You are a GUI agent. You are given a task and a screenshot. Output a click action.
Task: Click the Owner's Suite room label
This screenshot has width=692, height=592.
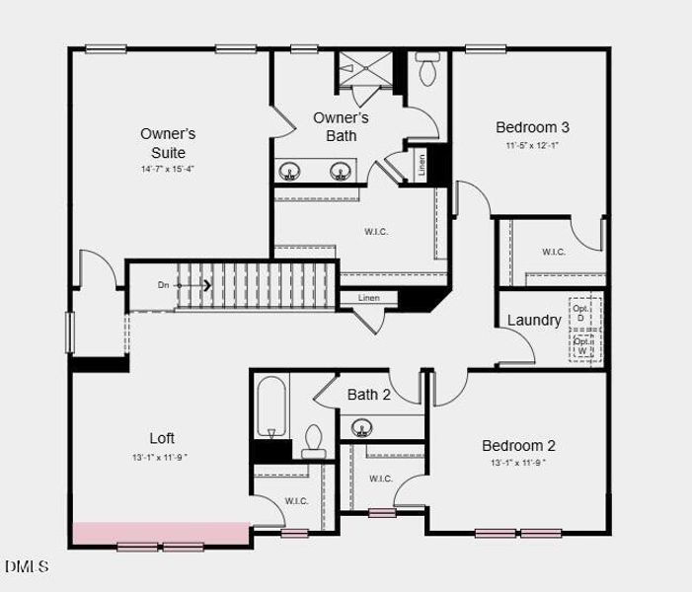(x=168, y=143)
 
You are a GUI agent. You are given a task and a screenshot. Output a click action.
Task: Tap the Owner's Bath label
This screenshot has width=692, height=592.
(x=342, y=126)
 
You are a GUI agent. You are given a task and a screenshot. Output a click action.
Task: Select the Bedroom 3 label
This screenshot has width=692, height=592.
(x=532, y=127)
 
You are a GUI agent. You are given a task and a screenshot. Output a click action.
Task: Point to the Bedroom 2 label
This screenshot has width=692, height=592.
(x=518, y=445)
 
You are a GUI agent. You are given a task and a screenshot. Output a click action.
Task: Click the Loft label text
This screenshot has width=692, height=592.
(x=162, y=438)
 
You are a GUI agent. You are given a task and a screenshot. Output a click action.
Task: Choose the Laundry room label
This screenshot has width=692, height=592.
(x=534, y=320)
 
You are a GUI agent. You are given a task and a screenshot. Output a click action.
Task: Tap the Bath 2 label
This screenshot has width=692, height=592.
(x=369, y=395)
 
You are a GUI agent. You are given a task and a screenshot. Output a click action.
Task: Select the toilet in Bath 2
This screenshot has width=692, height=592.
(x=314, y=440)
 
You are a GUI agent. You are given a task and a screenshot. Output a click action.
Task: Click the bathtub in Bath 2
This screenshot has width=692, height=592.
(x=271, y=409)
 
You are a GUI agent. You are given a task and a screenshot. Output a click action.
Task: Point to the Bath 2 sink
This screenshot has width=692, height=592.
(x=362, y=428)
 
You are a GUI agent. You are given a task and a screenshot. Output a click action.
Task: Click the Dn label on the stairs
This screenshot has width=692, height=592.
(x=164, y=285)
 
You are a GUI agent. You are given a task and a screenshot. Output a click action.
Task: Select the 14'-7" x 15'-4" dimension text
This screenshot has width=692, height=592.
(x=168, y=169)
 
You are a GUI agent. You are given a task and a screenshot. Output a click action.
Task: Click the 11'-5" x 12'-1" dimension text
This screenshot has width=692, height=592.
(x=532, y=146)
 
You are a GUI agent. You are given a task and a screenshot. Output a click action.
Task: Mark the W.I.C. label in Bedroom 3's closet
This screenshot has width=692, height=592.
(x=554, y=252)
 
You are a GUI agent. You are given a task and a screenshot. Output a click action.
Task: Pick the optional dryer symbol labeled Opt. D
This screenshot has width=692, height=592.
(x=582, y=314)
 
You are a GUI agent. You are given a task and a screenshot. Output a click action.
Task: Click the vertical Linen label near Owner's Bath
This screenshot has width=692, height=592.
(x=423, y=166)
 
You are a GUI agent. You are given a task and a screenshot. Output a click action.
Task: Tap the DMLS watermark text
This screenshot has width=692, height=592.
(x=27, y=566)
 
